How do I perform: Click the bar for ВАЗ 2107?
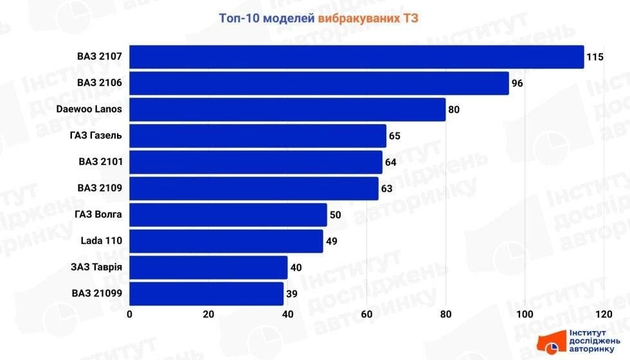click(x=357, y=57)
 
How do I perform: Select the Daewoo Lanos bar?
click(x=287, y=110)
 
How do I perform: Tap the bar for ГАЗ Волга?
click(x=228, y=215)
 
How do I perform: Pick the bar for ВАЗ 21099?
click(x=206, y=294)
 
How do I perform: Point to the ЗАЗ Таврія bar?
click(x=208, y=267)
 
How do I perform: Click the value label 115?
click(x=595, y=57)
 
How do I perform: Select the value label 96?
click(x=517, y=84)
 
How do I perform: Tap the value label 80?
click(x=454, y=110)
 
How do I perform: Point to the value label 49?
click(x=332, y=241)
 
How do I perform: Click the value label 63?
click(x=387, y=189)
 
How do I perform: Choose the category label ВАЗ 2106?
click(x=99, y=83)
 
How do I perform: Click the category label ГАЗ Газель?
click(x=96, y=136)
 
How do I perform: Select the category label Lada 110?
click(x=101, y=241)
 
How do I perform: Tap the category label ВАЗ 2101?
click(x=99, y=162)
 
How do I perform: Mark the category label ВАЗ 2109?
click(x=99, y=188)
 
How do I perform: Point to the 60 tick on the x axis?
click(x=366, y=314)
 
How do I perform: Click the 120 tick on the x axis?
click(x=603, y=314)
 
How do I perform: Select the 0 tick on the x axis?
click(x=130, y=314)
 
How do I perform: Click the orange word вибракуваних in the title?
click(x=359, y=18)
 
